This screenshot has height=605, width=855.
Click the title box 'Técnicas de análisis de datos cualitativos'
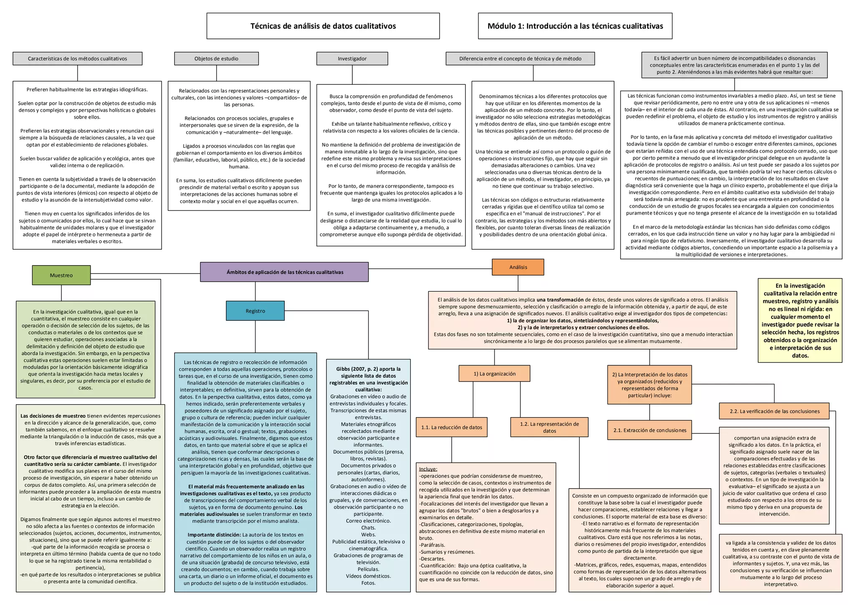(323, 26)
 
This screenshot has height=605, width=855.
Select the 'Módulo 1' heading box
(575, 26)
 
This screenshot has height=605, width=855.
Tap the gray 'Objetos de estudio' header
(216, 58)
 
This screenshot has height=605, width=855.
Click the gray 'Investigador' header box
(352, 58)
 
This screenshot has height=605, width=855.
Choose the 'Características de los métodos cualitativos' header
(77, 58)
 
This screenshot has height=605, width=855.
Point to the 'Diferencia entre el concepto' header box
(520, 58)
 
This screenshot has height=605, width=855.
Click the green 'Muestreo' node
(61, 275)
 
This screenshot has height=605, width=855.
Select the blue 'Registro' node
(255, 311)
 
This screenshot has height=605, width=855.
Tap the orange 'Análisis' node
(518, 267)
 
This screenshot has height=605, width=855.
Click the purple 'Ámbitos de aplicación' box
(284, 272)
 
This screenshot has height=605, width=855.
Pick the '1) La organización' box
(494, 374)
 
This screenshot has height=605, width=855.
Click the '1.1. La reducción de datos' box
(451, 427)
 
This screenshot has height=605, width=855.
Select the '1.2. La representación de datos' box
(549, 427)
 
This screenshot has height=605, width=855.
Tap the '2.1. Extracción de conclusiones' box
(649, 430)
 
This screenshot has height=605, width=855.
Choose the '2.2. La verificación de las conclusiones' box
(774, 411)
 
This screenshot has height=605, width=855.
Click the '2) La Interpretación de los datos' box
(649, 385)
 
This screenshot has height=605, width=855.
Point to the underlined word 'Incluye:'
(428, 469)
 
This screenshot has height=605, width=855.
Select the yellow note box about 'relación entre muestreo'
(800, 320)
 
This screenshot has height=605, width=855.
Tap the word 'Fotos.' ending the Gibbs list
(368, 583)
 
